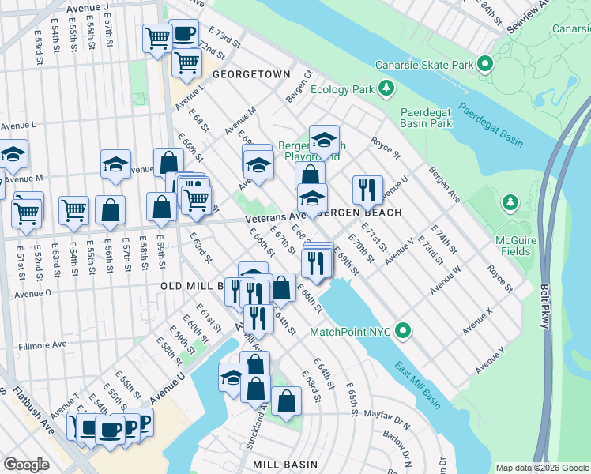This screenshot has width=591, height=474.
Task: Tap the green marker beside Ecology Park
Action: [386, 88]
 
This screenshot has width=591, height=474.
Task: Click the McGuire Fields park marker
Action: [510, 203]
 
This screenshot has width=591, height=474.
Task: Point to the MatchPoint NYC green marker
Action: [404, 330]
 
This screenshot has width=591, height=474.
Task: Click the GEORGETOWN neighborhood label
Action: [251, 73]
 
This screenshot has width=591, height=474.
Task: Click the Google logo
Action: [26, 464]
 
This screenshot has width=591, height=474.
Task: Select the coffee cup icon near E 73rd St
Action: [183, 34]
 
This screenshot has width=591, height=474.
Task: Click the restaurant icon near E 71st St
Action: [367, 190]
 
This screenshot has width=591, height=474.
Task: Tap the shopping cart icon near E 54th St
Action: [73, 210]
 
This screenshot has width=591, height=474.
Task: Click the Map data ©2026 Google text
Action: [541, 468]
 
